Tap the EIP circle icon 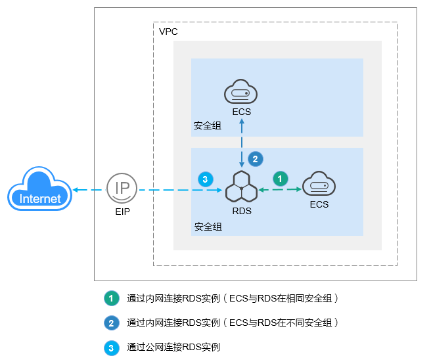pos(122,189)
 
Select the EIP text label pos(122,212)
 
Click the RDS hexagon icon pos(241,188)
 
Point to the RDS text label pos(242,211)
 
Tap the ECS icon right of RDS pos(319,185)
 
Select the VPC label pos(168,32)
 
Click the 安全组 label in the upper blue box pos(208,125)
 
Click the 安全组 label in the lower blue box pos(208,227)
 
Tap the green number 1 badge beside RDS pos(281,177)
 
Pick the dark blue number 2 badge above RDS pos(256,158)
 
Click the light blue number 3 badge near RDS pos(205,178)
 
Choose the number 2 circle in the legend pos(111,323)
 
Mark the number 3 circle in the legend pos(111,346)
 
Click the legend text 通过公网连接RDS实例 pos(173,346)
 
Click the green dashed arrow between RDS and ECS pos(281,190)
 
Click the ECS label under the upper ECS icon pos(241,112)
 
